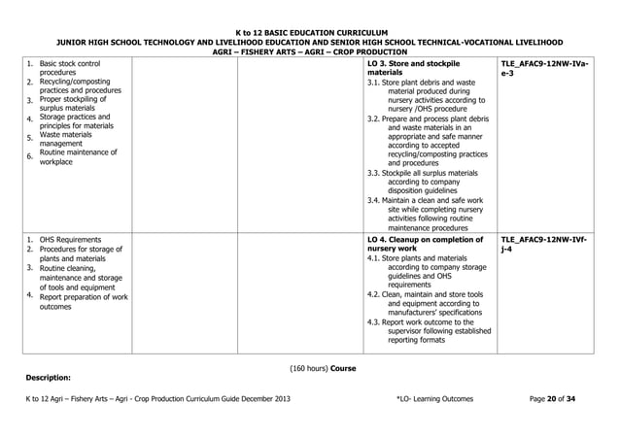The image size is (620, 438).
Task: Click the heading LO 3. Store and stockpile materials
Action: coord(414,67)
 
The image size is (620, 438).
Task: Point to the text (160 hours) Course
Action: coord(326,368)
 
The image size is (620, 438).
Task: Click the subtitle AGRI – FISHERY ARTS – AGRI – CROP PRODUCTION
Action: coord(310,52)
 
